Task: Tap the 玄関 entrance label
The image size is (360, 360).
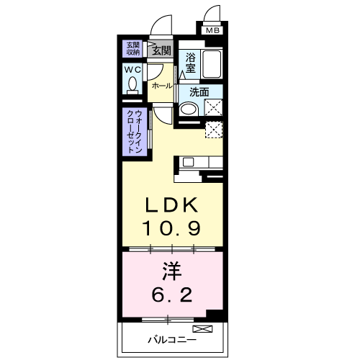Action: (x=161, y=50)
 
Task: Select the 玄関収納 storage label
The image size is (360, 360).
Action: (x=133, y=49)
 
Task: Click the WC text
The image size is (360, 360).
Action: (x=132, y=70)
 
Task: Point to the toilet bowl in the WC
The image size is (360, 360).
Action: (x=132, y=85)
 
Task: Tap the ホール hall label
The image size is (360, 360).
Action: (x=161, y=86)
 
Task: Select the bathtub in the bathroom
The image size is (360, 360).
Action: (x=212, y=66)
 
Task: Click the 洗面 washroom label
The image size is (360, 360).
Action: (x=199, y=91)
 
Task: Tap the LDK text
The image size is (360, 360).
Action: (x=170, y=206)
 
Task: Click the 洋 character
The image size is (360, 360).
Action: (x=170, y=272)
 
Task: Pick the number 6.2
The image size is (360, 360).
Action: (x=170, y=294)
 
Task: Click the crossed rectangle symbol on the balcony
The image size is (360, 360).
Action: (x=207, y=330)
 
